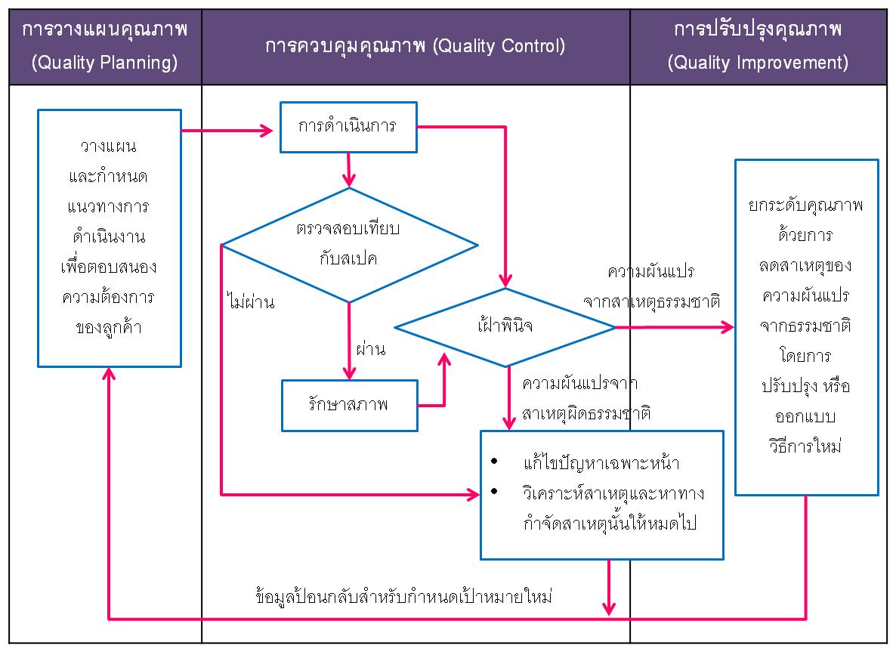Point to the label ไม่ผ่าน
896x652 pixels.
click(x=251, y=301)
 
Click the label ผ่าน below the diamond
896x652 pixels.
click(x=371, y=348)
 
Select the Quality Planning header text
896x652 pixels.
click(x=104, y=46)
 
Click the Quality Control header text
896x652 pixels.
click(x=415, y=46)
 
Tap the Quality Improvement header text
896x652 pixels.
click(x=758, y=46)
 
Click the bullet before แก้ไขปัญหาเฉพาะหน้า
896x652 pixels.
click(x=494, y=462)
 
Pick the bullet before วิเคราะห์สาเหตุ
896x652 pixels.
click(x=494, y=491)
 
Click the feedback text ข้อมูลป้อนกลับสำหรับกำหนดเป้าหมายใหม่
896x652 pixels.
click(x=404, y=597)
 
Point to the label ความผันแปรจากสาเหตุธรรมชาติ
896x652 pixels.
click(x=651, y=286)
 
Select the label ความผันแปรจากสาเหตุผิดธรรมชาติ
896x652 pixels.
click(x=586, y=398)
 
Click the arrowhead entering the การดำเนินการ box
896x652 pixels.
click(x=267, y=131)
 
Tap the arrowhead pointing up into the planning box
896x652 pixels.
click(x=109, y=374)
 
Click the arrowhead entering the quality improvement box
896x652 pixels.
click(x=728, y=327)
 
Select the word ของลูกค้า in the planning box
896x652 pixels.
click(x=109, y=327)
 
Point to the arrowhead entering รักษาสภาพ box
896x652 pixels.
click(x=349, y=373)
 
